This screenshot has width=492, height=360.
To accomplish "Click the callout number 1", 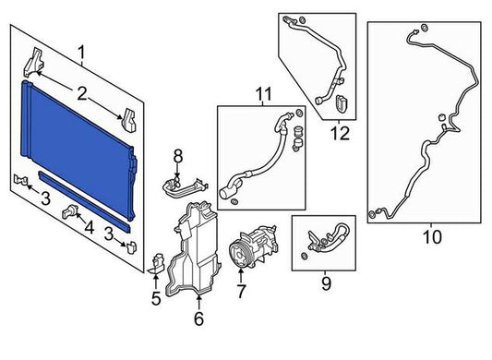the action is point(81,53).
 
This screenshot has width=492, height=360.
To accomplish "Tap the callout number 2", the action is point(82,94).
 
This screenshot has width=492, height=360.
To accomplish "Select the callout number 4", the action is point(90,228).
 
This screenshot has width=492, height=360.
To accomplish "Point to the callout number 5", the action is point(156,298).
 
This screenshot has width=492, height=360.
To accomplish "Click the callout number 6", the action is point(199,318).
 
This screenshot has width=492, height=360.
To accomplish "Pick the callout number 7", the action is point(241,292).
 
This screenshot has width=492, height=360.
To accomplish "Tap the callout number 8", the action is point(178,156).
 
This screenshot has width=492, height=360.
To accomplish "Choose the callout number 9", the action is point(327,283).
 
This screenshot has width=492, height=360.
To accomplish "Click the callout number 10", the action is point(432,236).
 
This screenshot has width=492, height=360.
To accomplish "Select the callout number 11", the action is point(264,94).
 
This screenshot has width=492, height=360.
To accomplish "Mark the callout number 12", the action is point(340,134).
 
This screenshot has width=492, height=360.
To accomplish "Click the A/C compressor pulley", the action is point(239,256).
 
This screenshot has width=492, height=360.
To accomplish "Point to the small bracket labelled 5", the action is point(157,263).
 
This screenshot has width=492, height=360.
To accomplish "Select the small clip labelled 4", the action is point(69,211).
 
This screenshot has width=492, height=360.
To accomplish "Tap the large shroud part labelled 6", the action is point(192,249).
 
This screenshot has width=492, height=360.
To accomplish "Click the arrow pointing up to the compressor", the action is point(241,276).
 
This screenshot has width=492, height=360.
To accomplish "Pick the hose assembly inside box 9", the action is point(327,238).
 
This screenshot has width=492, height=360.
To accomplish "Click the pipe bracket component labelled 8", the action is point(186,187).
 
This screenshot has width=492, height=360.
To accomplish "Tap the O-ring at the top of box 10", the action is point(424,28).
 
